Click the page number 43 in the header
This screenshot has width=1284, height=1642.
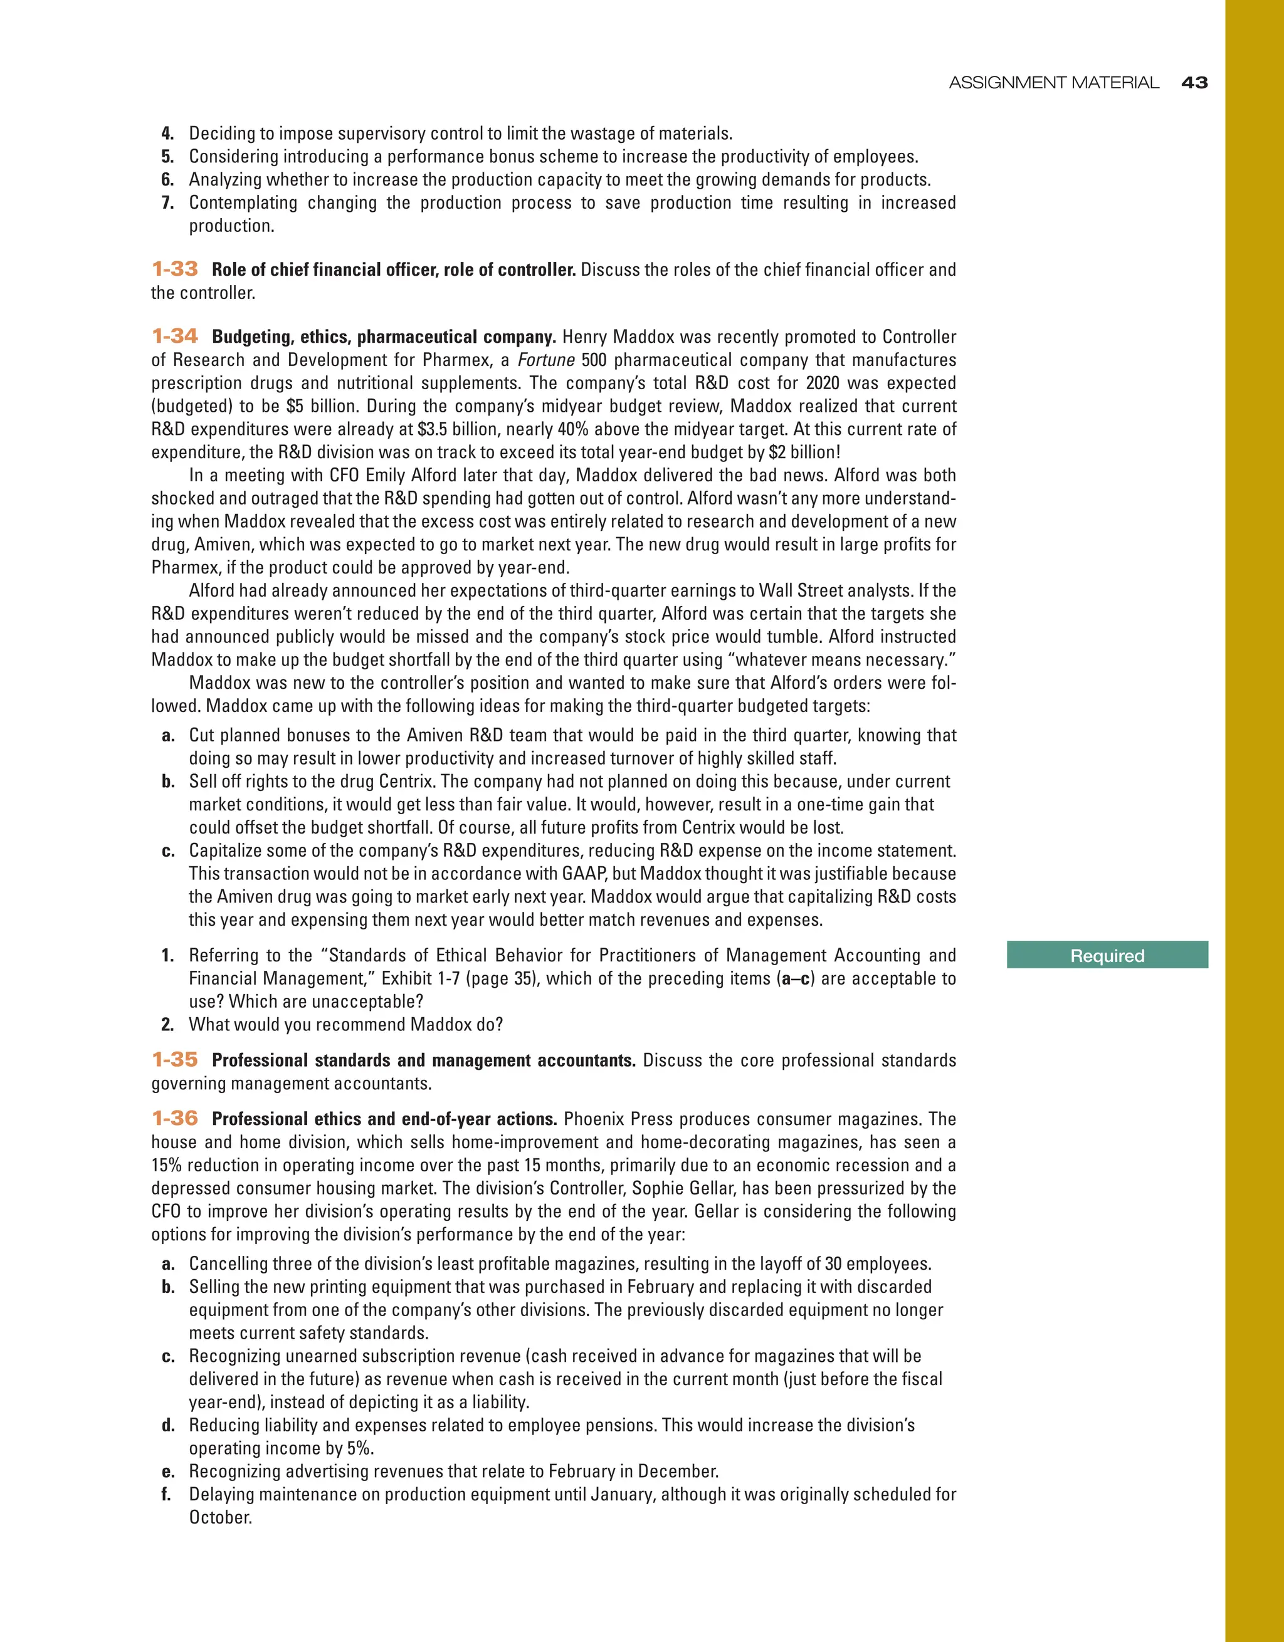click(x=1194, y=83)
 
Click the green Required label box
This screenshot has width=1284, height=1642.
click(x=1107, y=956)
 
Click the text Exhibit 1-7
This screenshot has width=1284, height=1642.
click(x=421, y=979)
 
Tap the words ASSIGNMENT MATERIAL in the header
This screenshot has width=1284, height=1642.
click(x=1053, y=83)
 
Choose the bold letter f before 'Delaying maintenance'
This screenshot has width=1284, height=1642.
click(x=167, y=1495)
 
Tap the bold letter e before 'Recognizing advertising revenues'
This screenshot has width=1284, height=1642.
click(x=167, y=1472)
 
